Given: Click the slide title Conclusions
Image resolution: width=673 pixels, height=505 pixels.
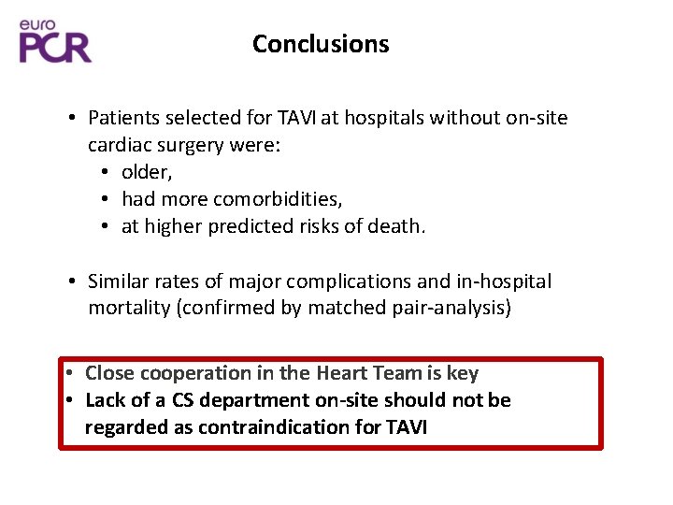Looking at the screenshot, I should (321, 44).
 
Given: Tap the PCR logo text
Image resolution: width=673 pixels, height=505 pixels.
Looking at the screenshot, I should (56, 46).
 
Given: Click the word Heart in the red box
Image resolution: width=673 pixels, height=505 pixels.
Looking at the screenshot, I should (342, 373).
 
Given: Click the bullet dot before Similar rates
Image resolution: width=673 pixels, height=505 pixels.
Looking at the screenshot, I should (72, 281).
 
